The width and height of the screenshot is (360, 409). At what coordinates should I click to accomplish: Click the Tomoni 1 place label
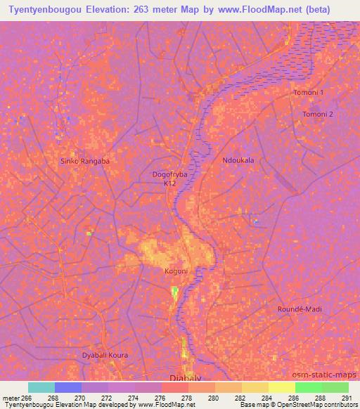(x=309, y=93)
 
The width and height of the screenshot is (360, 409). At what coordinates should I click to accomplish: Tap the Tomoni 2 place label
(x=317, y=114)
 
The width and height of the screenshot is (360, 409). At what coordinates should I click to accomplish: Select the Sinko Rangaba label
(x=85, y=161)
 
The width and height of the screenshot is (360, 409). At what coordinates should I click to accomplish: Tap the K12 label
(x=169, y=183)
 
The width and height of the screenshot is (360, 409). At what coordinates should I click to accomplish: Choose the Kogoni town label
(x=176, y=271)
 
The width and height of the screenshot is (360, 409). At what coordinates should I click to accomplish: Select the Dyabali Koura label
(x=105, y=355)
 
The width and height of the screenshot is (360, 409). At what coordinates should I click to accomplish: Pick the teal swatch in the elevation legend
(x=41, y=387)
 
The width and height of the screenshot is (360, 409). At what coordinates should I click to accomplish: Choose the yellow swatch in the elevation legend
(x=282, y=387)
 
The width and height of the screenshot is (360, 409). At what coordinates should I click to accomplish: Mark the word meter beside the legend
(x=9, y=397)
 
